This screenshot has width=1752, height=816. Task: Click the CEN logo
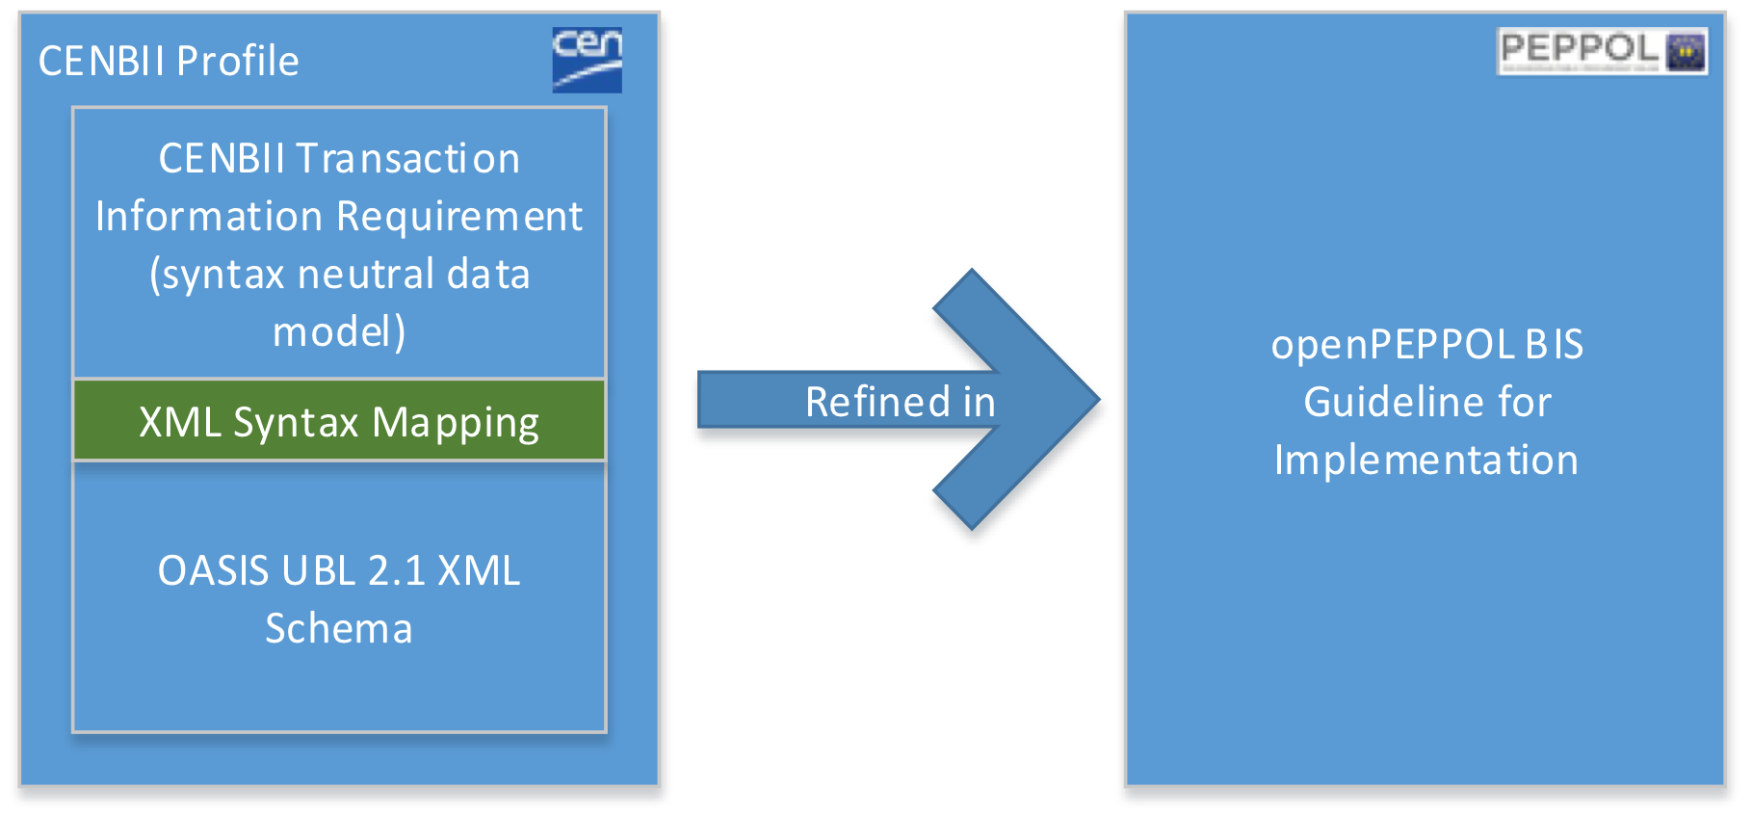pyautogui.click(x=587, y=60)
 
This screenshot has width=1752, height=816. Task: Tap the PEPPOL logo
pyautogui.click(x=1602, y=51)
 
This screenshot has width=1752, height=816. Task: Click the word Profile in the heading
pyautogui.click(x=238, y=62)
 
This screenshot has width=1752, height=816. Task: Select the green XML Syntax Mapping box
pyautogui.click(x=339, y=421)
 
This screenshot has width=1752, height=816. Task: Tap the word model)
pyautogui.click(x=339, y=332)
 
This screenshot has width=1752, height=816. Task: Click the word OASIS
pyautogui.click(x=213, y=571)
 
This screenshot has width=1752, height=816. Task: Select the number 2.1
pyautogui.click(x=396, y=571)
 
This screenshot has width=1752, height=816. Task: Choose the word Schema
pyautogui.click(x=339, y=629)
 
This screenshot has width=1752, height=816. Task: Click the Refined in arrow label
pyautogui.click(x=900, y=402)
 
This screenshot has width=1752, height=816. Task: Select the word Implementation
pyautogui.click(x=1426, y=461)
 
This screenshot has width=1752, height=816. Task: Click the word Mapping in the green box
pyautogui.click(x=456, y=423)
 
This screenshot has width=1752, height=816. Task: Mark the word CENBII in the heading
pyautogui.click(x=101, y=62)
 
